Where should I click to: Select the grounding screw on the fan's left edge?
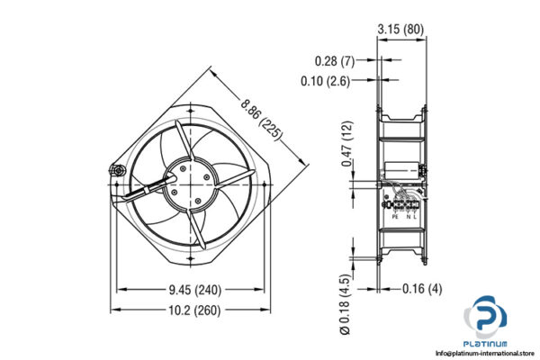(x=114, y=168)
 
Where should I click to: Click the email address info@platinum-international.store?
(x=479, y=353)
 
